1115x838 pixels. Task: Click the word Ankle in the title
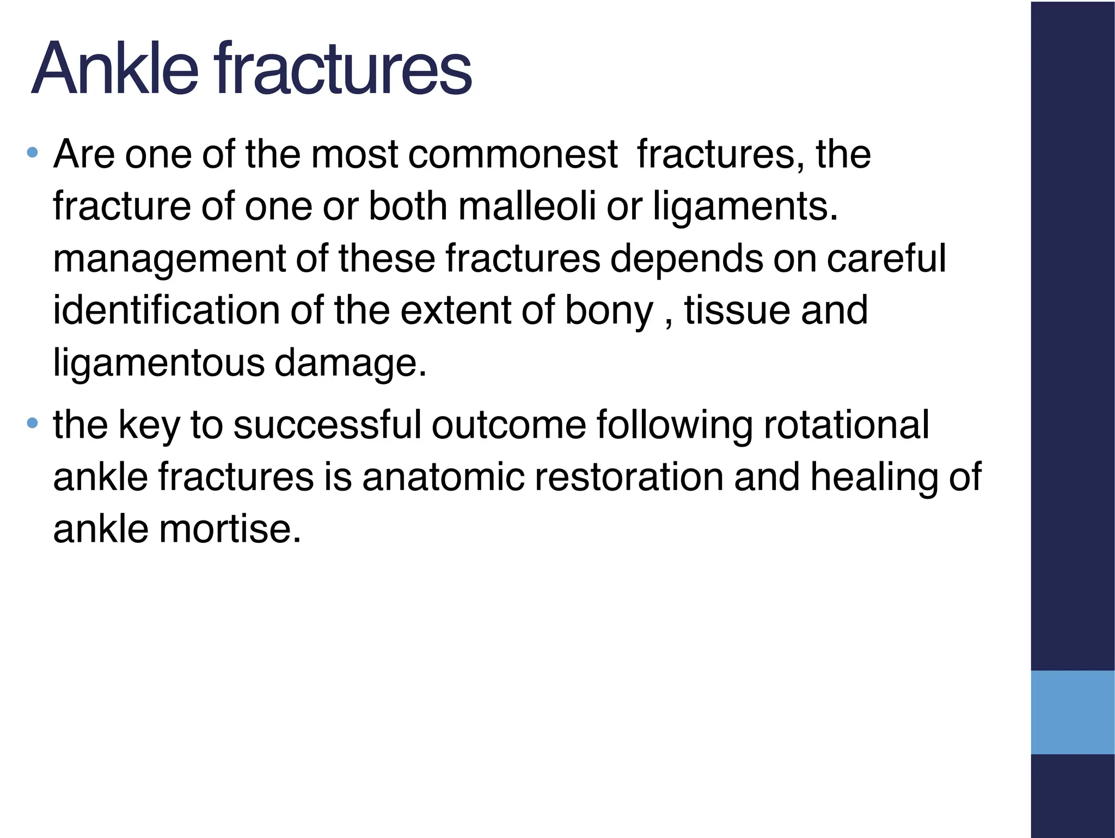114,70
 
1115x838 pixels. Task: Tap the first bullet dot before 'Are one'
33,152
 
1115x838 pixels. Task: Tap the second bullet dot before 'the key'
33,423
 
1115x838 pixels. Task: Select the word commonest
513,155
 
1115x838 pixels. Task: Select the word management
169,259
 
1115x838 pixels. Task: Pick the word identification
166,310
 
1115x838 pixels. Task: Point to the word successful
327,425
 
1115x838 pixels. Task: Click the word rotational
847,425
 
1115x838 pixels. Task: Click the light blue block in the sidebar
1073,712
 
